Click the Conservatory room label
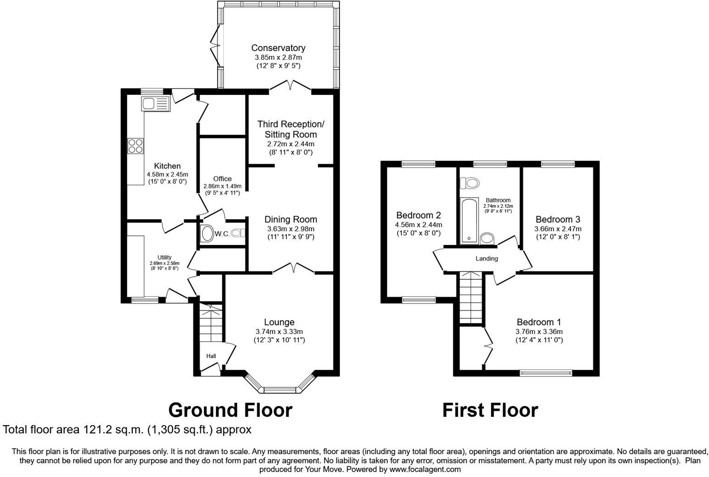pyautogui.click(x=278, y=48)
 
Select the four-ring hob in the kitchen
pyautogui.click(x=136, y=146)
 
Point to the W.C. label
pyautogui.click(x=222, y=234)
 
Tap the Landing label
pyautogui.click(x=486, y=259)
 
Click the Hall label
pyautogui.click(x=211, y=356)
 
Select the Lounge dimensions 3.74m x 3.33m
pyautogui.click(x=279, y=332)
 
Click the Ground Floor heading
pyautogui.click(x=230, y=410)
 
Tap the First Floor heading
pyautogui.click(x=490, y=410)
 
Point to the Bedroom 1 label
pyautogui.click(x=539, y=322)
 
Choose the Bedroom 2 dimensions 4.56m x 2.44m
pyautogui.click(x=419, y=225)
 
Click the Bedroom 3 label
pyautogui.click(x=557, y=219)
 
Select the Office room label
pyautogui.click(x=222, y=179)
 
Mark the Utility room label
pyautogui.click(x=164, y=257)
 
